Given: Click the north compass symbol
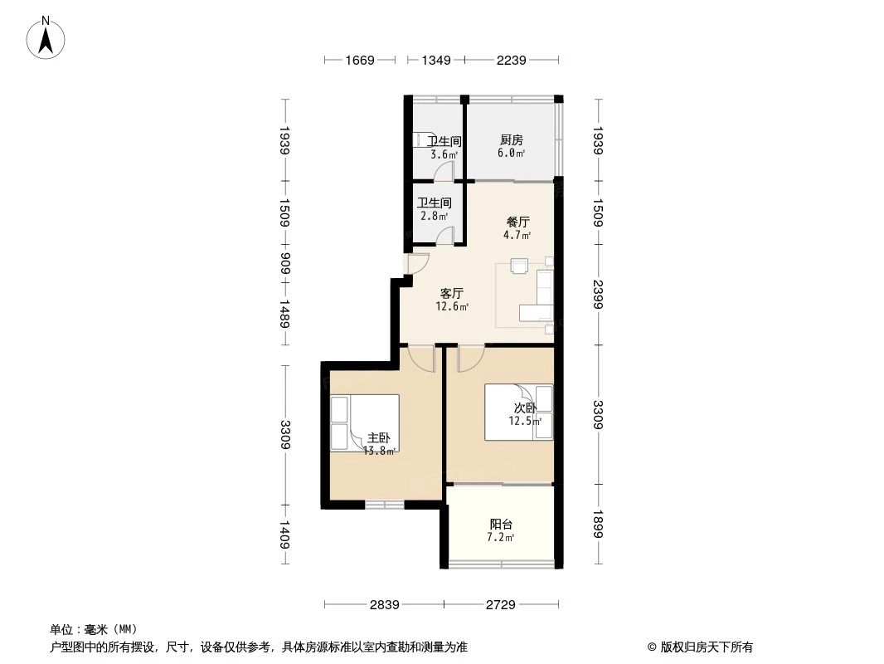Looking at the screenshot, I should click(x=48, y=37).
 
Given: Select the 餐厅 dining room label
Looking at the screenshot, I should click(x=518, y=222).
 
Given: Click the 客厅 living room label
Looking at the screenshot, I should click(x=452, y=294).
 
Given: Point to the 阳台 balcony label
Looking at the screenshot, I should click(x=501, y=525).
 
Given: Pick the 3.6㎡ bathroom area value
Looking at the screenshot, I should click(x=444, y=154).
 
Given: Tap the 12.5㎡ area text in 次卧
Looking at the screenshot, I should click(x=525, y=421).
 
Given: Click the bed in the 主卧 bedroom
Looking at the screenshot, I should click(x=365, y=422).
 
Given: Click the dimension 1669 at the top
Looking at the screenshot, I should click(x=361, y=60).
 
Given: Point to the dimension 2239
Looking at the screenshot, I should click(x=512, y=60).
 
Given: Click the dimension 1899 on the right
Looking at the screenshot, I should click(x=598, y=525).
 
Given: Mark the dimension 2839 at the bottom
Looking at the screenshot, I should click(x=383, y=605).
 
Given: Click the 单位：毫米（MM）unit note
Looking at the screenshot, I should click(x=93, y=629).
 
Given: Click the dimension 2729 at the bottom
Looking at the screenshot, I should click(x=500, y=605).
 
